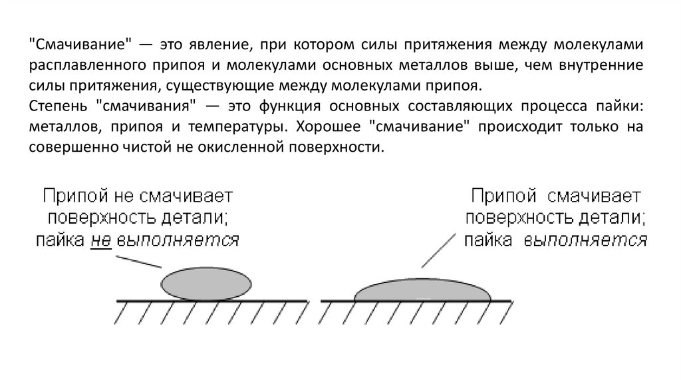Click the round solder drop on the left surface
click(x=206, y=284)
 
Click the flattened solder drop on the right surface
click(x=423, y=289)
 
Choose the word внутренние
click(x=604, y=65)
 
